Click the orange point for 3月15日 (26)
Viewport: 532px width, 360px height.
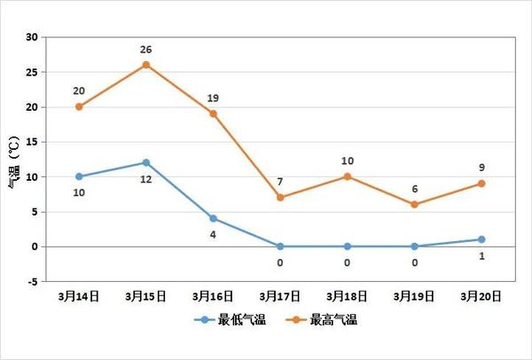click(x=145, y=65)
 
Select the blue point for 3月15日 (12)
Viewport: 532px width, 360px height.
click(x=145, y=162)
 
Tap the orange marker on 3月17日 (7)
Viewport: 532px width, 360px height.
click(x=280, y=197)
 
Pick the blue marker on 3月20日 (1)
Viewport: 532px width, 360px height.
click(x=481, y=239)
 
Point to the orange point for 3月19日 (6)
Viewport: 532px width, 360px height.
click(x=414, y=204)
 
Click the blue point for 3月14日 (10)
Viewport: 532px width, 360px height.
click(x=79, y=176)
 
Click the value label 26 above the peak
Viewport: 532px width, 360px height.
click(x=145, y=49)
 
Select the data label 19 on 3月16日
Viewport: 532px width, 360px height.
click(x=213, y=98)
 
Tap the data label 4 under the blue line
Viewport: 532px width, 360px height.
click(x=213, y=235)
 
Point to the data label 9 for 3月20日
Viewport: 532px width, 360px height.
click(x=481, y=168)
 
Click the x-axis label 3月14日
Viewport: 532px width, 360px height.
click(x=79, y=295)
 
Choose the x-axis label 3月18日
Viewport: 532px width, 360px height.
click(x=347, y=295)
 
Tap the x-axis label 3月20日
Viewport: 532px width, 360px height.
click(x=481, y=295)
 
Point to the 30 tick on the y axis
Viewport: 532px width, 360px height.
click(x=32, y=37)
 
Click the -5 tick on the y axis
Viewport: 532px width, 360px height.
click(x=32, y=281)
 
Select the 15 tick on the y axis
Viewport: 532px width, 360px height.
click(x=32, y=142)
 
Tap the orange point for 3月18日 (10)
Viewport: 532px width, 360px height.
click(x=347, y=176)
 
